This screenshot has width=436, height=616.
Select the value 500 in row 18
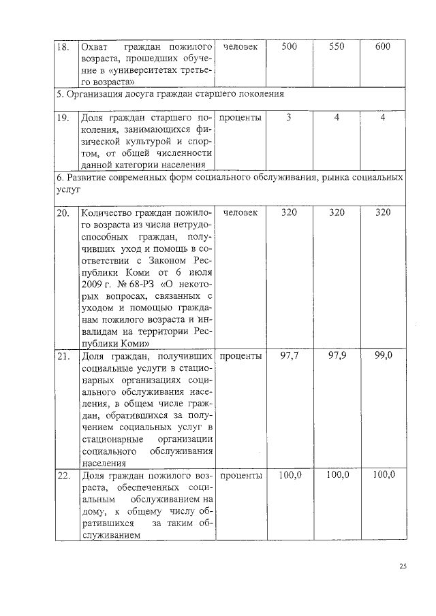pyautogui.click(x=289, y=46)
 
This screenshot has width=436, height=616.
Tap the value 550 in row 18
pyautogui.click(x=337, y=46)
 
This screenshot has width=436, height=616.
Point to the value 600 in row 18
pyautogui.click(x=383, y=46)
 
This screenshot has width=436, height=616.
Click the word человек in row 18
pyautogui.click(x=240, y=47)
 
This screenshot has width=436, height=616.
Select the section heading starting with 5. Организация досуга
pyautogui.click(x=170, y=93)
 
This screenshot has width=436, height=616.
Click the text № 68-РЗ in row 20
pyautogui.click(x=134, y=285)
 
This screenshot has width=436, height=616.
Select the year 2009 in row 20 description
pyautogui.click(x=92, y=285)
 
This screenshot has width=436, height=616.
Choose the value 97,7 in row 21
pyautogui.click(x=289, y=355)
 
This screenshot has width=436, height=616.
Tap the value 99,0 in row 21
pyautogui.click(x=383, y=355)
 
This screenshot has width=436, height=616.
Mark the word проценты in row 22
pyautogui.click(x=241, y=476)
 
